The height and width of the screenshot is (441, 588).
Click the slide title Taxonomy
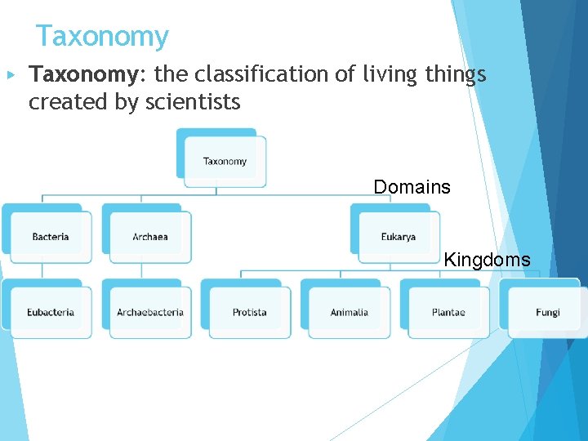[x=102, y=37]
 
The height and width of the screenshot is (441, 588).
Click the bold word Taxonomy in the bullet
[x=81, y=75]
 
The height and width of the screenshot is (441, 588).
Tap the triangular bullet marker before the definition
[x=11, y=75]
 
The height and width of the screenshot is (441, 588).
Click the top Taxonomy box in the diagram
[x=225, y=161]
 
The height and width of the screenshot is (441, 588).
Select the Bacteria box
[x=51, y=237]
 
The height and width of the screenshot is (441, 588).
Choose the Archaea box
[x=150, y=237]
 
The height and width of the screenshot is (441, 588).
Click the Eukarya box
[x=399, y=237]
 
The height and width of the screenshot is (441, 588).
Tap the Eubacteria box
[x=51, y=312]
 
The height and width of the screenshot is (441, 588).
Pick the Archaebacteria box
[x=150, y=312]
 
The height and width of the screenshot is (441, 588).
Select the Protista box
[x=250, y=312]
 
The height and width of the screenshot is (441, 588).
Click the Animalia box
[x=350, y=312]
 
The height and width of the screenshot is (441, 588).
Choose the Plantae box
[x=448, y=312]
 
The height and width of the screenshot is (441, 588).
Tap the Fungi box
[x=548, y=312]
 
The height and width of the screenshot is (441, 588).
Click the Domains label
[x=412, y=187]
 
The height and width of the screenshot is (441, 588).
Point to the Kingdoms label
[x=487, y=261]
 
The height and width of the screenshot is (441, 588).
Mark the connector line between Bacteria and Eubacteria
[x=42, y=270]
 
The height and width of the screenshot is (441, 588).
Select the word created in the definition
[x=62, y=103]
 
